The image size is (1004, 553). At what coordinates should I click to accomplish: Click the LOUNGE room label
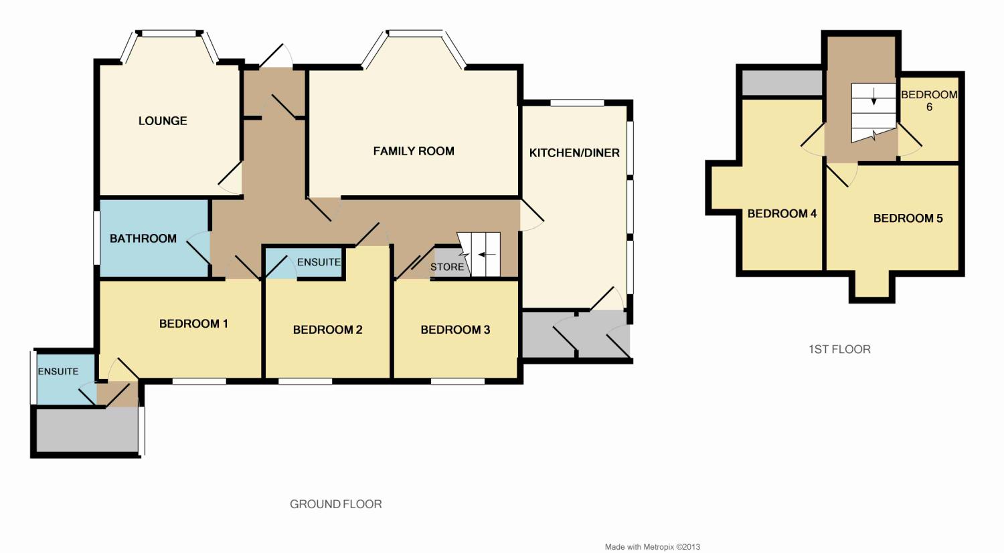163,121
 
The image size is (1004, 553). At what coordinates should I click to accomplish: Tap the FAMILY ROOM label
414,151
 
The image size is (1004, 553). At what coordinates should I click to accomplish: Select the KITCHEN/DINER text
574,153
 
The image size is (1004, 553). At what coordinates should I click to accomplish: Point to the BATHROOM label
143,239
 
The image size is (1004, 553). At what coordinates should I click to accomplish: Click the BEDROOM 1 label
193,324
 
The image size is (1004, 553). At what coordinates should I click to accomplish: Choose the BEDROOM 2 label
327,330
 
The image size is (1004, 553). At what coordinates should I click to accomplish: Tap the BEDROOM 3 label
455,330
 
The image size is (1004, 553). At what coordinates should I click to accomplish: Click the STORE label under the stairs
447,267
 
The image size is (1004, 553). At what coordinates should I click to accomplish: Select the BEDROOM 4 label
782,214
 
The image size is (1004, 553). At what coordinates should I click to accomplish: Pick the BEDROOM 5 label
908,219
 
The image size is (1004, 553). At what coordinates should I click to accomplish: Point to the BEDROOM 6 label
929,100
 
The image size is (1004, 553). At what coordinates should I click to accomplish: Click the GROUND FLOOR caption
335,504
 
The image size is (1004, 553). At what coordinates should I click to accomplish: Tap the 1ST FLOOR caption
839,349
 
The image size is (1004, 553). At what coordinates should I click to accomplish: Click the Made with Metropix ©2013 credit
652,547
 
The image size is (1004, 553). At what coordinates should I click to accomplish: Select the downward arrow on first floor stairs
873,100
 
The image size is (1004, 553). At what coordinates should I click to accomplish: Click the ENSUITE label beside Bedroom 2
319,262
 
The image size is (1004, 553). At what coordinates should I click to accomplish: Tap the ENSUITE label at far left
58,371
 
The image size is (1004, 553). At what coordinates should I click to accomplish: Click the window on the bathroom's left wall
96,237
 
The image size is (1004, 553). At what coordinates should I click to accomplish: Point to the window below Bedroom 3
457,382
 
